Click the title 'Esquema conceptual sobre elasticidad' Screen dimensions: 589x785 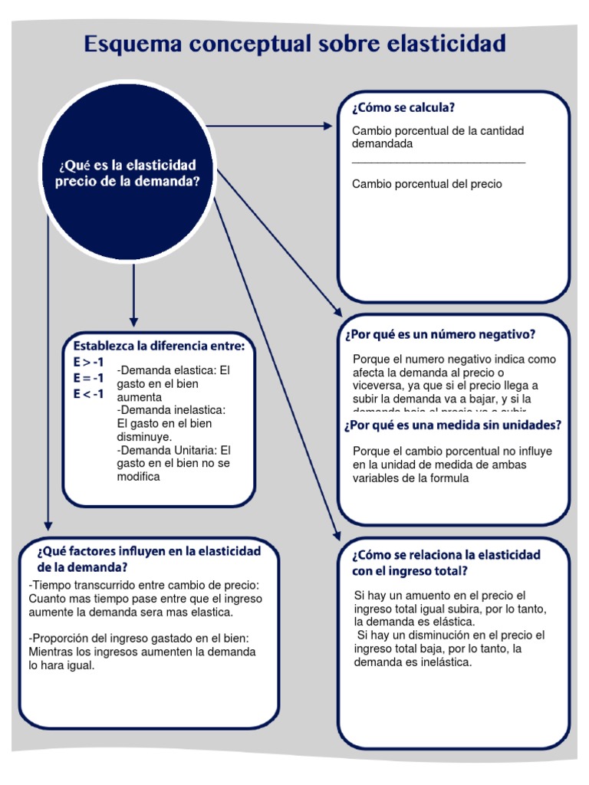pos(294,44)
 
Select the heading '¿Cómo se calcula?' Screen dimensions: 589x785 pos(404,108)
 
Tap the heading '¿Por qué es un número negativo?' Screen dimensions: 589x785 pos(440,335)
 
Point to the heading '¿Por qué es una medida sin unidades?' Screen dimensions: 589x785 pos(452,425)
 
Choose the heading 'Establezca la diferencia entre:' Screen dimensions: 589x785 pos(159,347)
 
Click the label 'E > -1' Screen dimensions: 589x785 pos(89,362)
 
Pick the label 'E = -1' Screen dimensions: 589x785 pos(89,378)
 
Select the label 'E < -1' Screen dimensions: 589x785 pos(89,394)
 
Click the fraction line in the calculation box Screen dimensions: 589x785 pos(439,163)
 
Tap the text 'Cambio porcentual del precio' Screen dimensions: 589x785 pos(427,184)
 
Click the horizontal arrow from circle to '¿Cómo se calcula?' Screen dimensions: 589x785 pos(268,125)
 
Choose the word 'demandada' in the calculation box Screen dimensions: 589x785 pos(382,143)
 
